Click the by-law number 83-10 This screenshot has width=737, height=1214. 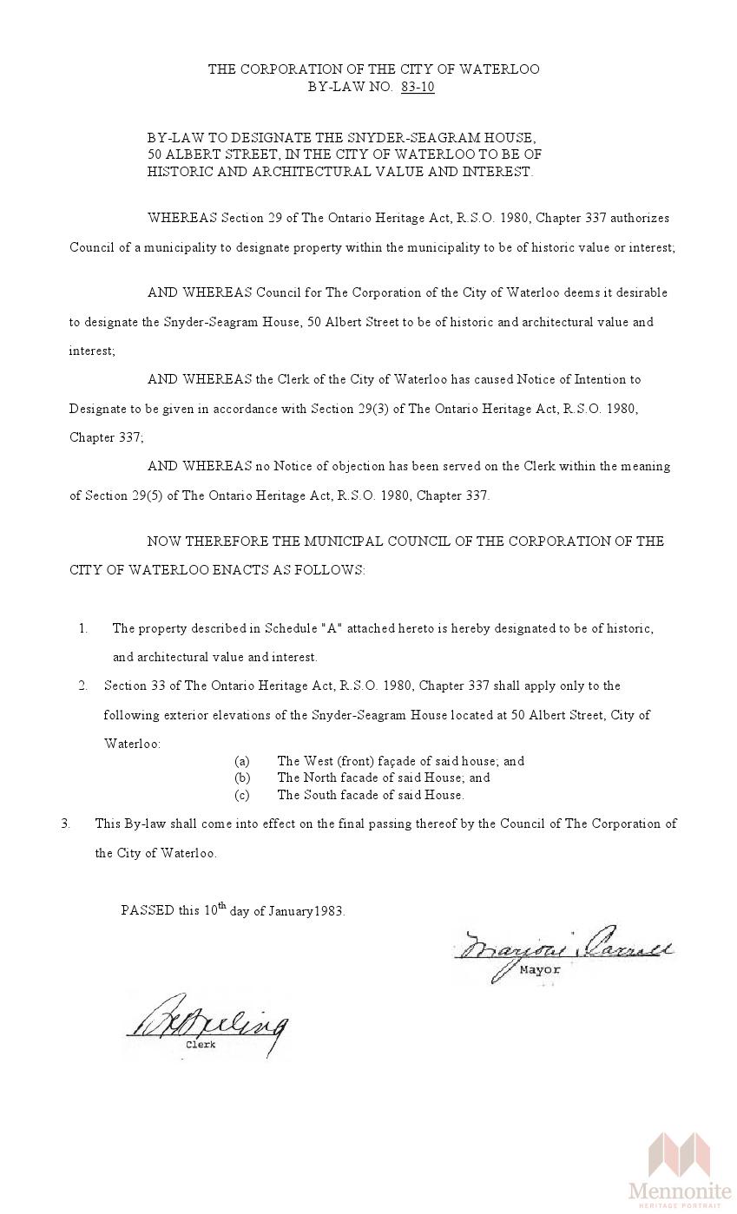tap(418, 87)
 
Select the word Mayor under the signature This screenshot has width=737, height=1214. tap(540, 970)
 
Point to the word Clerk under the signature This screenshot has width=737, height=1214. tap(201, 1045)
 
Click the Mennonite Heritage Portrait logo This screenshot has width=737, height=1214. tap(680, 1171)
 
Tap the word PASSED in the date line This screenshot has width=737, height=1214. tap(147, 911)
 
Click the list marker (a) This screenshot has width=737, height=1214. tap(242, 761)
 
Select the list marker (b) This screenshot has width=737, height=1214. tap(242, 778)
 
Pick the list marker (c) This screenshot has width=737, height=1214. tap(242, 795)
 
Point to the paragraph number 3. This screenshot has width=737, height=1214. tap(65, 824)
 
